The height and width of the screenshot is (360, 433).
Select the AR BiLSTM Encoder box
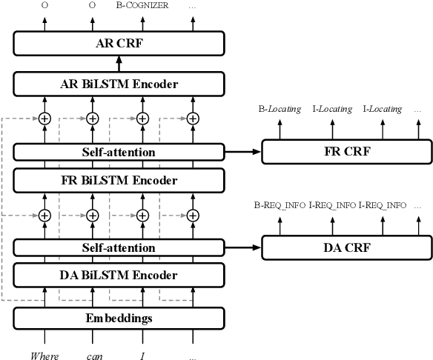click(119, 84)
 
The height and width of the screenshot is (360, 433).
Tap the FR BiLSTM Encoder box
click(119, 181)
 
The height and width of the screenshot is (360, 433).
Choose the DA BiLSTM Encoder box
click(119, 276)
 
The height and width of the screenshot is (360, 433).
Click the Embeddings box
click(119, 319)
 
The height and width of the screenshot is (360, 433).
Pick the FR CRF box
click(347, 153)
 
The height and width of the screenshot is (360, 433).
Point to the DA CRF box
click(347, 248)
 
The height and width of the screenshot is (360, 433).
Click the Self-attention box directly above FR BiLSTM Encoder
click(119, 153)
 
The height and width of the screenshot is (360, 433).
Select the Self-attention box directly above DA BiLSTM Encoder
click(119, 248)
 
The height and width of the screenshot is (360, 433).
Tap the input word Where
click(44, 355)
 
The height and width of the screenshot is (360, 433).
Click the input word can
click(93, 355)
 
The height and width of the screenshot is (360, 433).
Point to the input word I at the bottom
click(142, 355)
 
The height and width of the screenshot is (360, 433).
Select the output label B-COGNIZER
click(142, 5)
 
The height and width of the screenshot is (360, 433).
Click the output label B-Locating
click(280, 109)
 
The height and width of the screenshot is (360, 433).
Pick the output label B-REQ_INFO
click(280, 205)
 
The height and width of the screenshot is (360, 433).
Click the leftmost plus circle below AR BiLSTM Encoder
click(44, 118)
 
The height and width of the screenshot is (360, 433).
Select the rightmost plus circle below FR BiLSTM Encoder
click(193, 215)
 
